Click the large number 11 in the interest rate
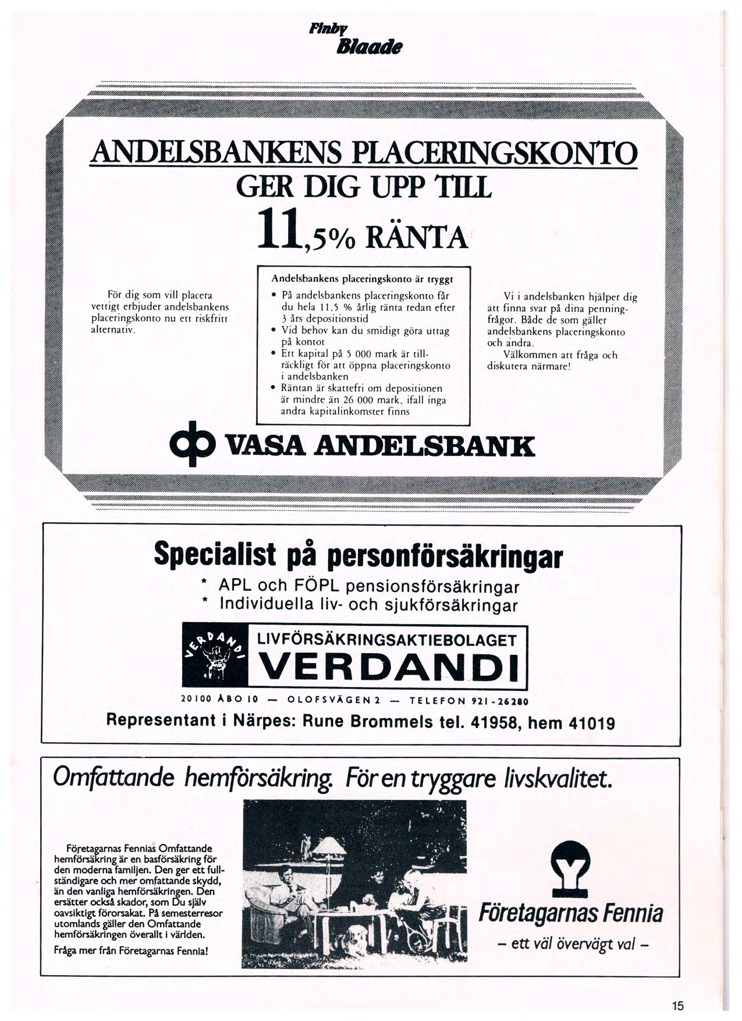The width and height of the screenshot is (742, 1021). [278, 230]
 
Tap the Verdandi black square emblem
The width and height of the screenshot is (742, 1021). [215, 656]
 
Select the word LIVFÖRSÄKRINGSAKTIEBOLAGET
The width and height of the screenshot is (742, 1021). [387, 641]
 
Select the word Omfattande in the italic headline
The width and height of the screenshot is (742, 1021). [113, 778]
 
